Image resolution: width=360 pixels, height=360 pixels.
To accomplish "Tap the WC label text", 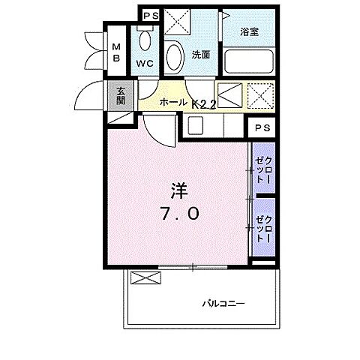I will tap(145, 63).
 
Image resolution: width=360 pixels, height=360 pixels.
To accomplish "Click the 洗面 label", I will tap(199, 54).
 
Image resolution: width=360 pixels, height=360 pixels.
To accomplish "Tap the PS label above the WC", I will tap(150, 14).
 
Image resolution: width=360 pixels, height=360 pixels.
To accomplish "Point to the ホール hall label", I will tap(172, 103).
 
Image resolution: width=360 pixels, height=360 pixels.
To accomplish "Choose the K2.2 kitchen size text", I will tap(203, 104).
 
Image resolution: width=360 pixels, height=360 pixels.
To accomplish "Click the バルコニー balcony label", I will tap(223, 303).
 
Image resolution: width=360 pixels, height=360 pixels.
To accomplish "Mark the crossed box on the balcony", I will tap(145, 277).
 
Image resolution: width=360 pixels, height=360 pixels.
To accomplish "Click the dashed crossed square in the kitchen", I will tap(262, 96).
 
